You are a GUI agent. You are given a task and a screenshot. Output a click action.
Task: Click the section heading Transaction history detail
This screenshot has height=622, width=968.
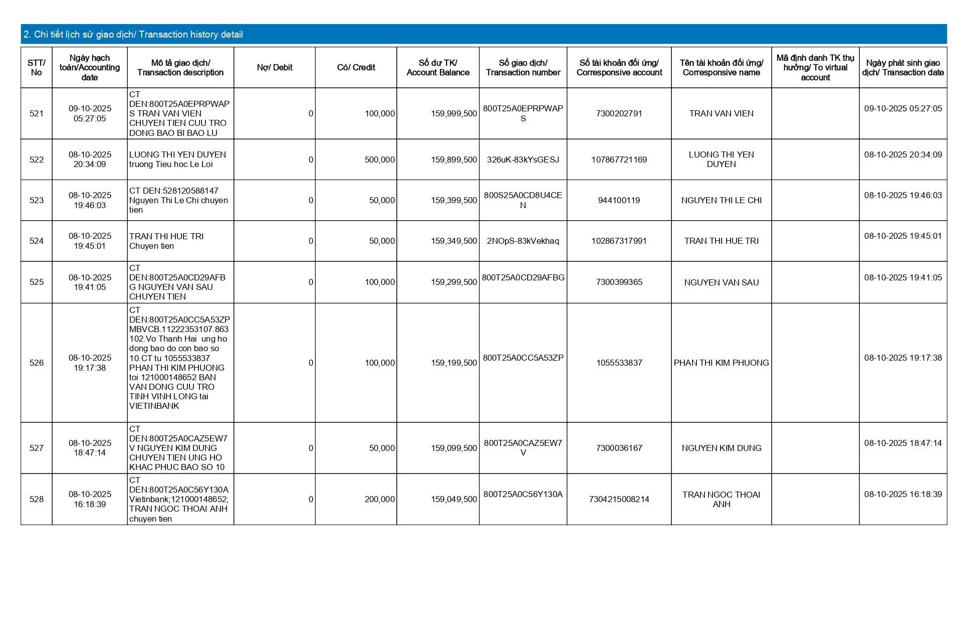coord(133,35)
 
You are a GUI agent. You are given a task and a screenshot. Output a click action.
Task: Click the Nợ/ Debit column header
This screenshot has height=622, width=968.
coord(275,68)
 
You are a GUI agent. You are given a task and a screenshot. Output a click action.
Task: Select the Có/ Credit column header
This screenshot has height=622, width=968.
coord(356,68)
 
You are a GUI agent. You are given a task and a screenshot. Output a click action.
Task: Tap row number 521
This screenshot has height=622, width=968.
coord(37,114)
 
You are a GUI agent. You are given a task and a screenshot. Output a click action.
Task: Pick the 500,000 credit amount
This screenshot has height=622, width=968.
coord(379,160)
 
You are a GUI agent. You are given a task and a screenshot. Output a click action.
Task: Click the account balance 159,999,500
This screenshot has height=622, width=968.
coord(453,114)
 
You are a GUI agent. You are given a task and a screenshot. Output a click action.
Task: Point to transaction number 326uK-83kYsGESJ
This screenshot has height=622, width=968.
coord(523,160)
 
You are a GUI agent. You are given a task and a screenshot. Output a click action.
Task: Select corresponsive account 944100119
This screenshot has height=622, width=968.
coord(619,201)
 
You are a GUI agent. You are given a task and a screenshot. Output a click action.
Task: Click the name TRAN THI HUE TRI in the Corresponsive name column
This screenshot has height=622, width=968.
coord(721,241)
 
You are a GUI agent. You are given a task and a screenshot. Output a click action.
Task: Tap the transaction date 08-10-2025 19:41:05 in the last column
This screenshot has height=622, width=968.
coord(903,278)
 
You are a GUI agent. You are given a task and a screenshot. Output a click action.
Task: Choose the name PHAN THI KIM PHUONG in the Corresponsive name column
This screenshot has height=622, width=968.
coord(721,363)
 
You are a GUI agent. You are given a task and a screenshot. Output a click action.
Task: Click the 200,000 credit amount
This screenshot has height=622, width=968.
coord(379,500)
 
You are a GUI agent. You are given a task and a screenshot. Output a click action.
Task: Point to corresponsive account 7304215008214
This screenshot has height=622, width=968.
coord(619,500)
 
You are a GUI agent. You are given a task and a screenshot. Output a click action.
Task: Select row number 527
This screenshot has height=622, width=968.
coord(37,448)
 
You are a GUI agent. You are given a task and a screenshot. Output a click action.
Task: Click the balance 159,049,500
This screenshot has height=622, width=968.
coord(453,500)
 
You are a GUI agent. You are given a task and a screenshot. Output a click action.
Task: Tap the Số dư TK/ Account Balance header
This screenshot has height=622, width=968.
coord(438,68)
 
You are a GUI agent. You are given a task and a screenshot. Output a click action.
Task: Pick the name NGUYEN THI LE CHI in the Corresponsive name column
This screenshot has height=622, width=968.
coord(721,201)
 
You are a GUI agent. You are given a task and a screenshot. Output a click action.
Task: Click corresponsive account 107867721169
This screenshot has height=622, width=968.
coord(619,160)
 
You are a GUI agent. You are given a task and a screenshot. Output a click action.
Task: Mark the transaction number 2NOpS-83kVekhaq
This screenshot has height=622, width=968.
coord(523,241)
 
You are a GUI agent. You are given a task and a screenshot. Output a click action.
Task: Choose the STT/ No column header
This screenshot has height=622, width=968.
coord(37,68)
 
